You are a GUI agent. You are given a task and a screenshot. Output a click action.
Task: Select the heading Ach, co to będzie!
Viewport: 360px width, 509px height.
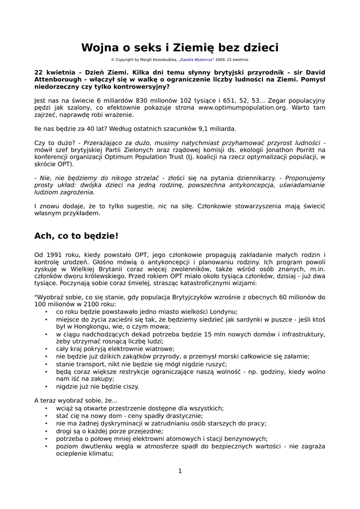[76, 235]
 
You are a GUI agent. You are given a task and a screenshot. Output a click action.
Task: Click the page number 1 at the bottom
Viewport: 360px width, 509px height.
[180, 471]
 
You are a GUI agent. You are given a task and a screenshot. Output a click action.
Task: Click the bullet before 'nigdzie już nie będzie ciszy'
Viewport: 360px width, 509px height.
[46, 387]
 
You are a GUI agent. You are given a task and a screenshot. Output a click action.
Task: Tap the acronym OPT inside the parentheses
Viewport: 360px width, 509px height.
[63, 164]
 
